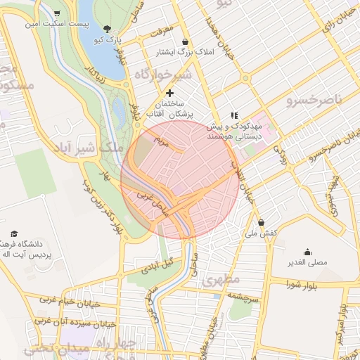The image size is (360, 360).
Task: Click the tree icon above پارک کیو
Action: tap(107, 29)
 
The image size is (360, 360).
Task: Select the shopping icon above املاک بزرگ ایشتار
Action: tap(185, 41)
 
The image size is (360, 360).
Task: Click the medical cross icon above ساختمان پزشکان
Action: tap(169, 93)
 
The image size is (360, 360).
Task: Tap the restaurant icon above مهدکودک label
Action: tap(234, 115)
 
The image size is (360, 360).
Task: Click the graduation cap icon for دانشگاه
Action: tap(15, 234)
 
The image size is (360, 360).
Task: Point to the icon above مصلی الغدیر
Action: tap(307, 252)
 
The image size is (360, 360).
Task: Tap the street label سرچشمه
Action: tap(243, 297)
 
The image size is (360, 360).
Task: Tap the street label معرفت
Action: tap(160, 32)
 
